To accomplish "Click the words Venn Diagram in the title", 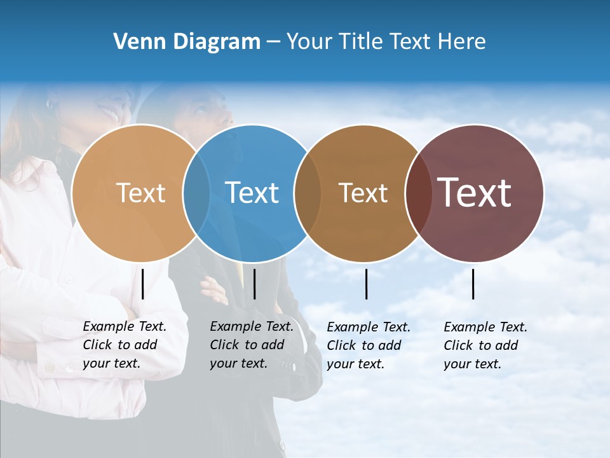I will [187, 42].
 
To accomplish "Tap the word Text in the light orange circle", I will [141, 193].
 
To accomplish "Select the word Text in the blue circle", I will [252, 193].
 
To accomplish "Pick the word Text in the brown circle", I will [363, 193].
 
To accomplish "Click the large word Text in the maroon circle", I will [475, 193].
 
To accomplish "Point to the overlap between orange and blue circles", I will [197, 193].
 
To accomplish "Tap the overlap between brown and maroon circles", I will [417, 193].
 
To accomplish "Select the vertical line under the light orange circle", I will [143, 284].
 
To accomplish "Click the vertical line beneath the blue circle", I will [254, 284].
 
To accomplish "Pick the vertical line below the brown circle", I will [367, 284].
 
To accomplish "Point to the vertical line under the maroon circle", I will [473, 284].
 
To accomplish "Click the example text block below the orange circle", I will [125, 345].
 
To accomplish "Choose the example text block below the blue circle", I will [252, 345].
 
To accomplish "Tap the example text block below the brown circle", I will [369, 345].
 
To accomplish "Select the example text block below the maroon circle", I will [485, 345].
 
